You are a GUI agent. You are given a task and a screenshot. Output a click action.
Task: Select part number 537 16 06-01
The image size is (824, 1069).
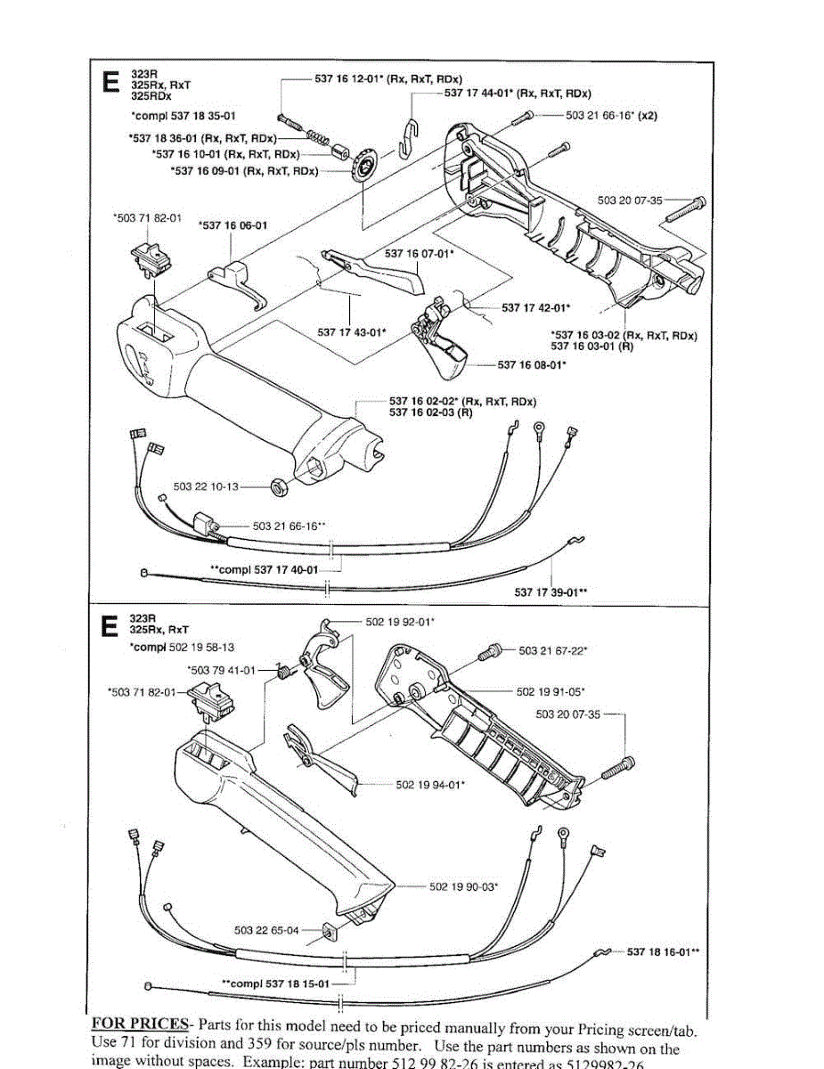pos(233,225)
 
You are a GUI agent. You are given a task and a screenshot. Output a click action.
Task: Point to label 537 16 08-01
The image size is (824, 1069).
pos(533,364)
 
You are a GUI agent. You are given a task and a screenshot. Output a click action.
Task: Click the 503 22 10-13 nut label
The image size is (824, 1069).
pos(207,486)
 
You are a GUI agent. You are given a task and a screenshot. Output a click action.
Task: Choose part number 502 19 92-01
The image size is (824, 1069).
pos(400,621)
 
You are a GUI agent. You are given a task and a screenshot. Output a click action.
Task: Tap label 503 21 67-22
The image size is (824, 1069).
pos(552,651)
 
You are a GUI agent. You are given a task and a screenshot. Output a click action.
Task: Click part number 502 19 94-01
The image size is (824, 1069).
pos(430,785)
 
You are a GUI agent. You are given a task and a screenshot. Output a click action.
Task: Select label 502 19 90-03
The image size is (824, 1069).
pos(463,886)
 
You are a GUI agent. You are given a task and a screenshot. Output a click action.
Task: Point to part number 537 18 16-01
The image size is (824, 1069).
pos(663,952)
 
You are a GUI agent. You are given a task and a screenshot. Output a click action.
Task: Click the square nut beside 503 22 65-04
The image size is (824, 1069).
pos(328,932)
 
